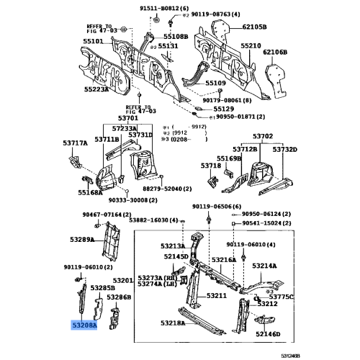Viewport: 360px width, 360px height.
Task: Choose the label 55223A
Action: (x=95, y=90)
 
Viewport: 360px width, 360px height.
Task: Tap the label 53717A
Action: (x=74, y=143)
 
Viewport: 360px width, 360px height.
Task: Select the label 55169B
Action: (x=229, y=158)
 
